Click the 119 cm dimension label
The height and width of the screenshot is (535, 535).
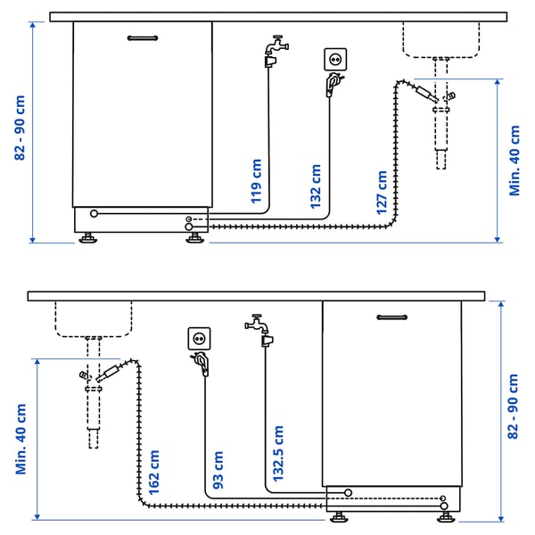pyautogui.click(x=257, y=182)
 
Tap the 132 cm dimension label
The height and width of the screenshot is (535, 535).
pyautogui.click(x=316, y=185)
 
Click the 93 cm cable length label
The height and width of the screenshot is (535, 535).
pyautogui.click(x=218, y=473)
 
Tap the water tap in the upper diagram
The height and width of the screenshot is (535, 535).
pyautogui.click(x=274, y=50)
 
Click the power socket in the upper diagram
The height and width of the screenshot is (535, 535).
pyautogui.click(x=335, y=60)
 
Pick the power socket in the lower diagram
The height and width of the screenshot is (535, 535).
pyautogui.click(x=199, y=339)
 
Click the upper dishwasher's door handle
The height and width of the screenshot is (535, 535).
pyautogui.click(x=143, y=38)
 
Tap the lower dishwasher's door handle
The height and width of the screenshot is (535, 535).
pyautogui.click(x=392, y=317)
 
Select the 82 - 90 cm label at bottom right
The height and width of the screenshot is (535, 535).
pyautogui.click(x=513, y=406)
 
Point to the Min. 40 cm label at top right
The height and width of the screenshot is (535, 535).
pyautogui.click(x=514, y=160)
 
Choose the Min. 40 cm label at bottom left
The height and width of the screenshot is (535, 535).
pyautogui.click(x=20, y=439)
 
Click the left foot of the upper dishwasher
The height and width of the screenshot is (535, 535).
pyautogui.click(x=88, y=238)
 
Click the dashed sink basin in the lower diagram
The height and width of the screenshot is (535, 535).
pyautogui.click(x=94, y=318)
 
